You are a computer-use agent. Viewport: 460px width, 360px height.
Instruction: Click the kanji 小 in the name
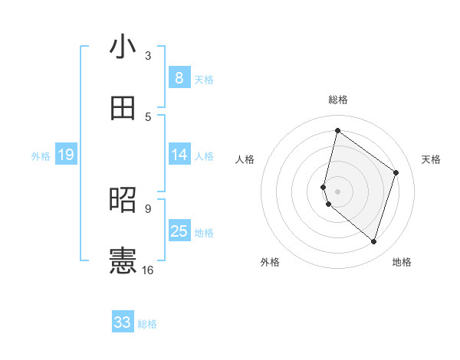pyautogui.click(x=123, y=47)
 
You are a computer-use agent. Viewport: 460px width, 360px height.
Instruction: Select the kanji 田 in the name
pyautogui.click(x=123, y=107)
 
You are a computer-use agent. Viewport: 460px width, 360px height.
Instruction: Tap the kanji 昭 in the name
pyautogui.click(x=123, y=200)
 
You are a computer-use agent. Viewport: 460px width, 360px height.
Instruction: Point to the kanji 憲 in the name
pyautogui.click(x=123, y=260)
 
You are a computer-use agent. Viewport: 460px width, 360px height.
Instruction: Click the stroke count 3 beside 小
pyautogui.click(x=148, y=55)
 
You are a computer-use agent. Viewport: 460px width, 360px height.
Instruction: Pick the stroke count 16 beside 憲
pyautogui.click(x=148, y=270)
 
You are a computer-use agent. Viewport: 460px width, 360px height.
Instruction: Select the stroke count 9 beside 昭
pyautogui.click(x=148, y=208)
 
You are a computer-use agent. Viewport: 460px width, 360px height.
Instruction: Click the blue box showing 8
pyautogui.click(x=179, y=77)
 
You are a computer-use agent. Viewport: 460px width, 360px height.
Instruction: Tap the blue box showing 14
pyautogui.click(x=179, y=155)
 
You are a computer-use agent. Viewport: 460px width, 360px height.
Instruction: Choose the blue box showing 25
pyautogui.click(x=179, y=231)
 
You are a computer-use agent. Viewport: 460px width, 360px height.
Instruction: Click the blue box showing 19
pyautogui.click(x=66, y=155)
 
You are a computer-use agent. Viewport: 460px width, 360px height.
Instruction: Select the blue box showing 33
pyautogui.click(x=123, y=322)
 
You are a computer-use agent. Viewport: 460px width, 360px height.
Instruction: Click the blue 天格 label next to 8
pyautogui.click(x=204, y=79)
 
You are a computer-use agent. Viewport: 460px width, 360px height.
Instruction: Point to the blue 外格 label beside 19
pyautogui.click(x=41, y=156)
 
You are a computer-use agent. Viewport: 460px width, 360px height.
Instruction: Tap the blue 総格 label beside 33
pyautogui.click(x=147, y=324)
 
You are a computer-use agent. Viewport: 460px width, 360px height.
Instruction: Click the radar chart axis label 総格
pyautogui.click(x=338, y=100)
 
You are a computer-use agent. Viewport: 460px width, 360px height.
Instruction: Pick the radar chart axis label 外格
pyautogui.click(x=270, y=263)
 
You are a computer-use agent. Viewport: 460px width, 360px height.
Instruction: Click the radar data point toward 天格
pyautogui.click(x=396, y=172)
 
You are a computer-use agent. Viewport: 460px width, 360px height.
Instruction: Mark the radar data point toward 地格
pyautogui.click(x=373, y=242)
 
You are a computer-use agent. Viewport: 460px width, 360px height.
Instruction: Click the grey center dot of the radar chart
pyautogui.click(x=338, y=191)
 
